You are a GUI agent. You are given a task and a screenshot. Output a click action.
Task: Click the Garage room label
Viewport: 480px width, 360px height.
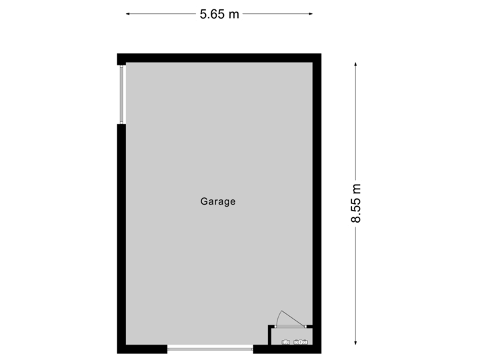click(x=218, y=201)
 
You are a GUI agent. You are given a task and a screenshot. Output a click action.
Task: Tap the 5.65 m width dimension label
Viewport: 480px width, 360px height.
click(x=219, y=13)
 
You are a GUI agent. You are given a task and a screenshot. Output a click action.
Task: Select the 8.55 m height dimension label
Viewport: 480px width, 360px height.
click(x=356, y=203)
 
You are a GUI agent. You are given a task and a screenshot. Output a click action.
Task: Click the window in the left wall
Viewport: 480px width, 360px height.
click(x=121, y=94)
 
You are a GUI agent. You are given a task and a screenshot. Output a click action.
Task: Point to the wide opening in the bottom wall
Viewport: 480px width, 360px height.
click(x=210, y=349)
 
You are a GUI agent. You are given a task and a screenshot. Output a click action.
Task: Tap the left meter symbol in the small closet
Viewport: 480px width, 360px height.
click(x=286, y=343)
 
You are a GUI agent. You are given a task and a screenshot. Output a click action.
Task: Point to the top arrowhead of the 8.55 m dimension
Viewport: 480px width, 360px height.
click(x=356, y=64)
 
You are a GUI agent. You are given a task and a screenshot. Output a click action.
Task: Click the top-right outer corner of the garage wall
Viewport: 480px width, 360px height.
click(x=321, y=54)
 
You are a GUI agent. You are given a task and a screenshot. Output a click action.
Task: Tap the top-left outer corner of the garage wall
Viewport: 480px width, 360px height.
click(x=117, y=54)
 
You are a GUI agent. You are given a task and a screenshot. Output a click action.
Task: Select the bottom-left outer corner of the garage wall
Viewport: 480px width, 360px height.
click(x=117, y=353)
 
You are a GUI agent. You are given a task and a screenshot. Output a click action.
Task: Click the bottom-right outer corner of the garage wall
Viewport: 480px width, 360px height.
click(x=321, y=353)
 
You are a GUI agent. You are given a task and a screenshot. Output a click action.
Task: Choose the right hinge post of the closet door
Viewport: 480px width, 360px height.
click(x=306, y=327)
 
